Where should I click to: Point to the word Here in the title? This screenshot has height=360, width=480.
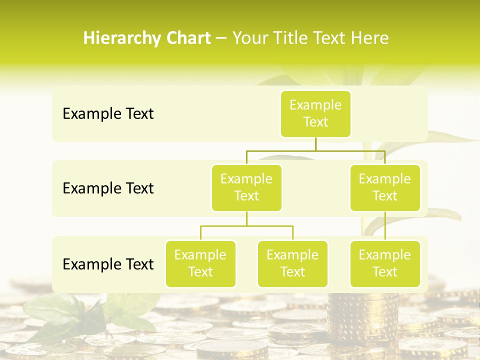(370, 38)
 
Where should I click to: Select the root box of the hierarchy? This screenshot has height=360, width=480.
(315, 114)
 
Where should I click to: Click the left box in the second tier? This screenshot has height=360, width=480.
(246, 188)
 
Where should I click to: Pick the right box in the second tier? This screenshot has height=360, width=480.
(385, 188)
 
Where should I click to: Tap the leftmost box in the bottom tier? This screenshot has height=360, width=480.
(200, 264)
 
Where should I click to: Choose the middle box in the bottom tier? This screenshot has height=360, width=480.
(292, 264)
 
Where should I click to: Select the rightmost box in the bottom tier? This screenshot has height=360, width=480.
(385, 264)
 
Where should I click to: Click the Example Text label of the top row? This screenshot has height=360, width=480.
(108, 114)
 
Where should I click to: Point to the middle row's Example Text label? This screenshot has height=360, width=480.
(108, 188)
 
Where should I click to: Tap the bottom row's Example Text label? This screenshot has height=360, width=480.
(108, 264)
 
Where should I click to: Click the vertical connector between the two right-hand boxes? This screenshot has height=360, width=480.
(385, 226)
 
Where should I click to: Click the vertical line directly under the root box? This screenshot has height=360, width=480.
(315, 144)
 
